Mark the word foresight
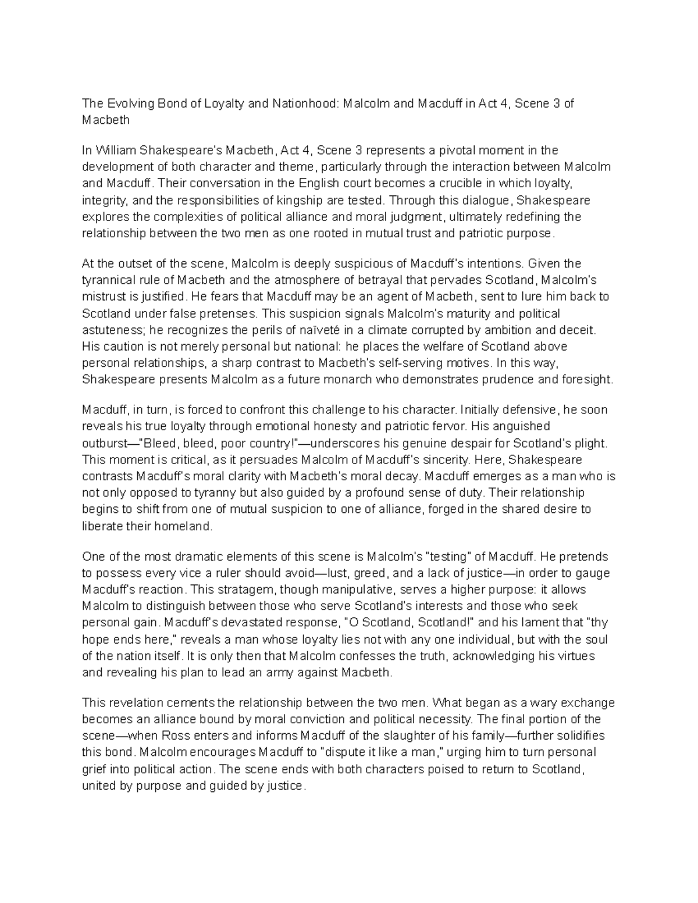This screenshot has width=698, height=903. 585,380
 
